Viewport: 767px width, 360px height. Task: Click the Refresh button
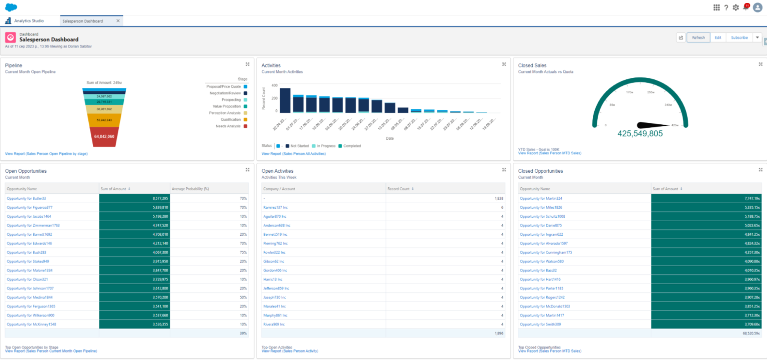click(698, 37)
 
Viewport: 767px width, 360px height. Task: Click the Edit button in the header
click(718, 37)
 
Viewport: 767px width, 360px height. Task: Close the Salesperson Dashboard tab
click(118, 21)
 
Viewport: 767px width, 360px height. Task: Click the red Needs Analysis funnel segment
click(104, 137)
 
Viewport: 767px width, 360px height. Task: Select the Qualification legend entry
click(231, 120)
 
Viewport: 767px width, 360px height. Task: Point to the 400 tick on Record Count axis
click(274, 85)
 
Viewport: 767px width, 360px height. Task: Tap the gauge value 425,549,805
click(640, 134)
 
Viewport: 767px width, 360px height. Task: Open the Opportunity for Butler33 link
click(26, 198)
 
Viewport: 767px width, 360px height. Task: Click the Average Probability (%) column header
click(190, 189)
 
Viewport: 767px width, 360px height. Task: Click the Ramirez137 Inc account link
click(275, 207)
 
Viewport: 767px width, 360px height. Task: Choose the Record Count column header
click(398, 189)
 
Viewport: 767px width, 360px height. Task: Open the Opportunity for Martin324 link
click(541, 198)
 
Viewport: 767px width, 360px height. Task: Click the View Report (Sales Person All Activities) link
click(294, 154)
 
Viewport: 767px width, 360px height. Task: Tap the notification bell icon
click(746, 7)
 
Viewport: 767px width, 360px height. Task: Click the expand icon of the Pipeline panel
click(248, 64)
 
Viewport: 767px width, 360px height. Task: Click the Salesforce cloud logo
click(11, 7)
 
